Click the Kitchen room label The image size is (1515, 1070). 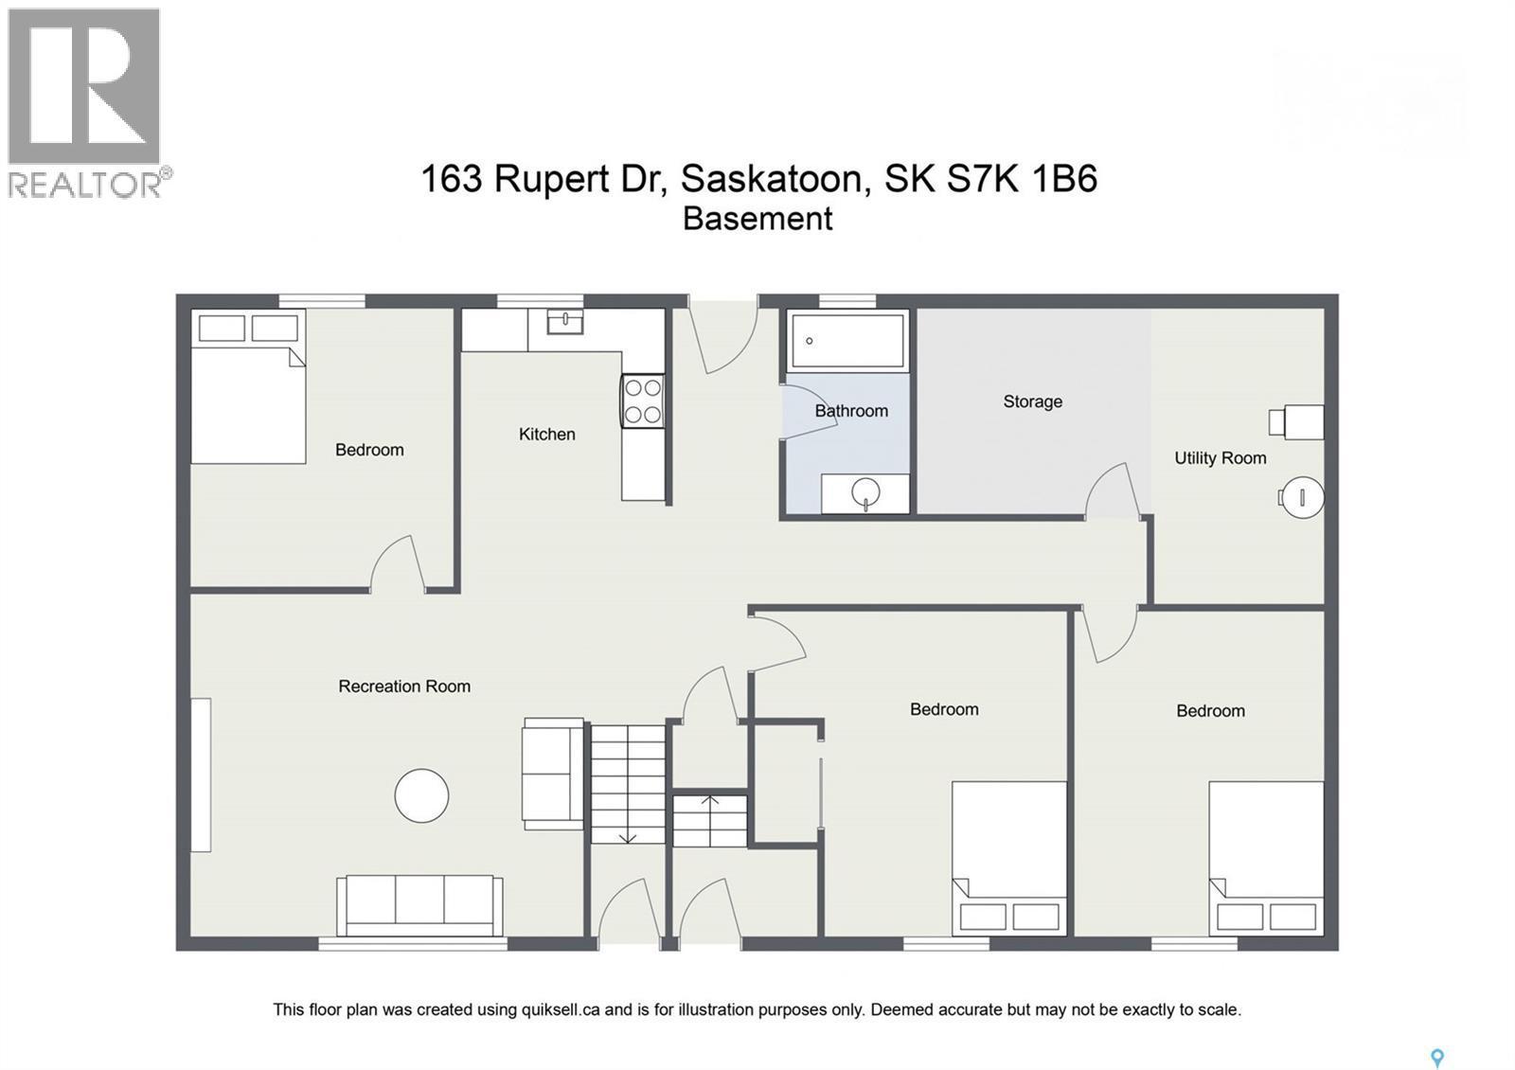546,435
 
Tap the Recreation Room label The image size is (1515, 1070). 404,687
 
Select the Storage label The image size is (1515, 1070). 1032,401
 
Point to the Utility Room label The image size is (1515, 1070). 1220,458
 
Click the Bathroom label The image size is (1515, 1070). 851,411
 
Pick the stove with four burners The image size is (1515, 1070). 642,401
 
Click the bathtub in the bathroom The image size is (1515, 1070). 847,340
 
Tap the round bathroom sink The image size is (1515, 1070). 865,492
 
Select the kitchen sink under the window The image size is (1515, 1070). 564,322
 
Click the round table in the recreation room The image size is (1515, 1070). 421,795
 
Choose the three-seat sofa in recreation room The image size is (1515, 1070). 419,904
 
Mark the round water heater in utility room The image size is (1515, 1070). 1302,496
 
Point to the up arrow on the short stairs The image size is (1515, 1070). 710,803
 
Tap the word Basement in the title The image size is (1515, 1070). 757,219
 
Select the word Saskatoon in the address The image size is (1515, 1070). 772,179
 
